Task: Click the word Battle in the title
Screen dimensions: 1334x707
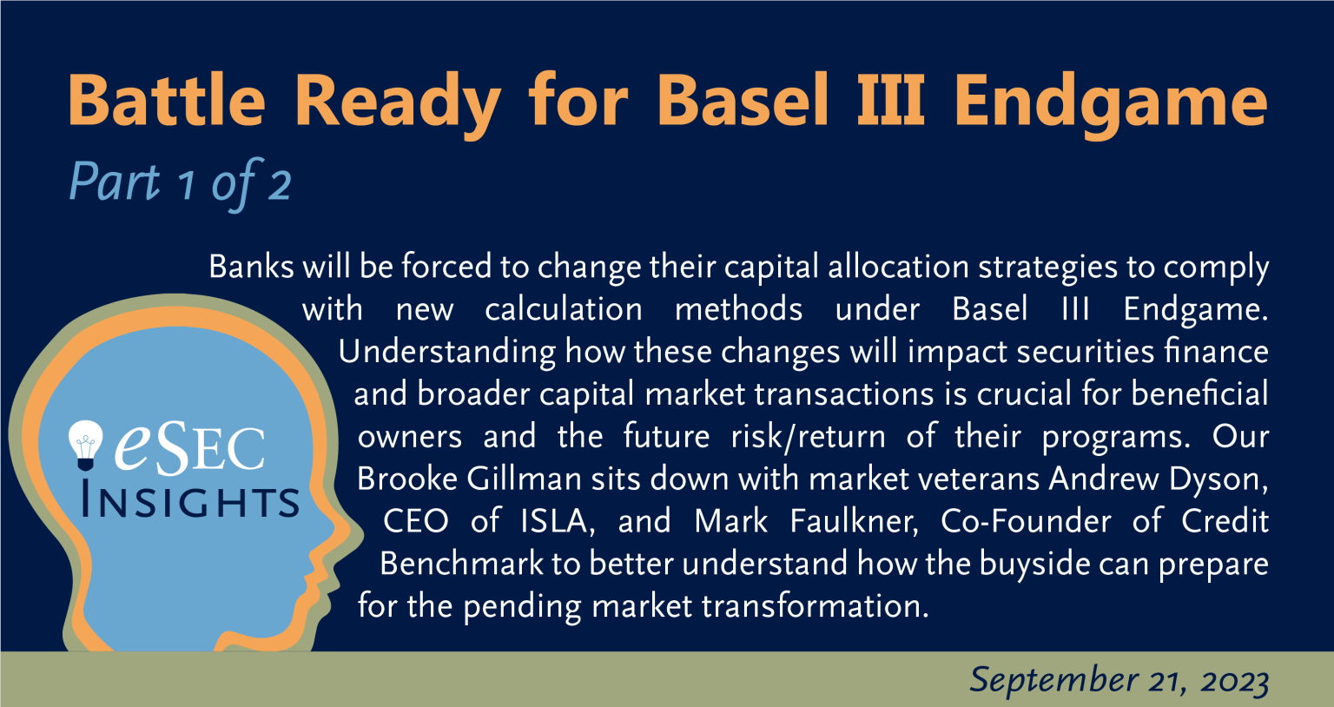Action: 167,100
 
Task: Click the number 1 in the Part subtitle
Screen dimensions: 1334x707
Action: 187,185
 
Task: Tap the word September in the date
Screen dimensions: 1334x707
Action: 1054,680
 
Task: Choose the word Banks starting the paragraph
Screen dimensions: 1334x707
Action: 251,267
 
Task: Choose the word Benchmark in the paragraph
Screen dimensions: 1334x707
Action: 461,564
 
